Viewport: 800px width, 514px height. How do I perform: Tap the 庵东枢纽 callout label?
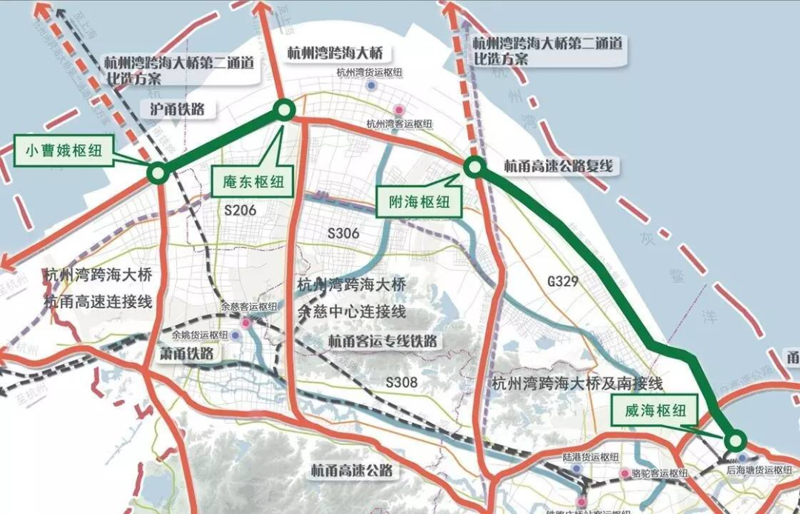252,181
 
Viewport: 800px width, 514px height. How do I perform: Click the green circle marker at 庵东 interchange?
284,110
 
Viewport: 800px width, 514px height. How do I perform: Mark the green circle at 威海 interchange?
735,441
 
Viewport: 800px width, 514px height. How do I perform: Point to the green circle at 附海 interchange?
475,167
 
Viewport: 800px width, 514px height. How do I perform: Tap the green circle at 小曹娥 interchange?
157,174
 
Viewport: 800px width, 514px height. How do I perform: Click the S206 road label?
240,210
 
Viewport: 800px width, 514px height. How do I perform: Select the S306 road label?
343,233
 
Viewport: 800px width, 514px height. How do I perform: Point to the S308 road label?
402,382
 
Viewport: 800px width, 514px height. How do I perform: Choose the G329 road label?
562,281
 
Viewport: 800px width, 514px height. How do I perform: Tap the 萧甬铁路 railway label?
187,353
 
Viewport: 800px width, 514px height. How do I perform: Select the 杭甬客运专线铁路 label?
382,341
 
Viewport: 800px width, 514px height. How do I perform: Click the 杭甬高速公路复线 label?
559,166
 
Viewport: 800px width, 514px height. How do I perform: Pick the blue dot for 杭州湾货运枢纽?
372,86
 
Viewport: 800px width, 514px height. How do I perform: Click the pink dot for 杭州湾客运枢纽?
400,110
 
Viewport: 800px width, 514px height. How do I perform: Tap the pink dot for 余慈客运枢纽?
245,323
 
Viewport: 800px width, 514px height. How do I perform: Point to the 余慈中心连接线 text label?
351,311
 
